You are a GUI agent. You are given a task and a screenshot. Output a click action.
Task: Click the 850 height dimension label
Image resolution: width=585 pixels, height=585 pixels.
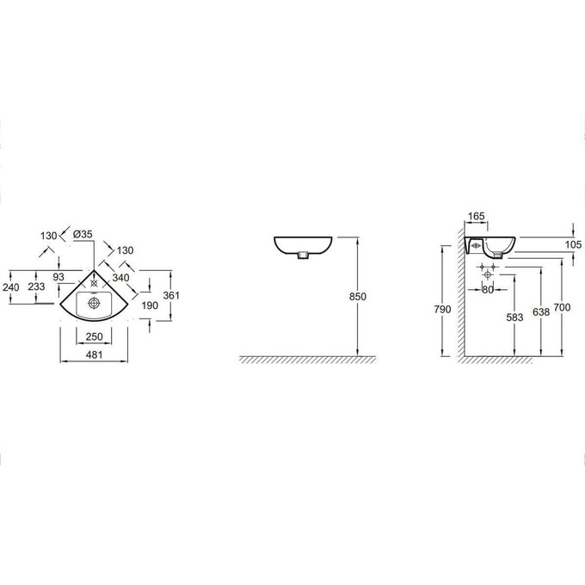[x=357, y=297]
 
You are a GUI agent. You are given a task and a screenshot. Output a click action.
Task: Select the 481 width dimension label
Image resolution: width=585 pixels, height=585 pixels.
[x=94, y=354]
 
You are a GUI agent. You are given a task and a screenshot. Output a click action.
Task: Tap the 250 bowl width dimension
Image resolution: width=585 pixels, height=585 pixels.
[x=94, y=336]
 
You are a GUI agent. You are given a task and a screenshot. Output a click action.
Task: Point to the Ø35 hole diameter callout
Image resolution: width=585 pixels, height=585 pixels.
[x=83, y=234]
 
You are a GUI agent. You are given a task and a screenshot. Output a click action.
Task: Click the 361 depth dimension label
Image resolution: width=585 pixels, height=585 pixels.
[x=171, y=295]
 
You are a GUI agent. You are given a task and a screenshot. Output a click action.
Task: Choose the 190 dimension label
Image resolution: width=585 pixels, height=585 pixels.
[x=150, y=305]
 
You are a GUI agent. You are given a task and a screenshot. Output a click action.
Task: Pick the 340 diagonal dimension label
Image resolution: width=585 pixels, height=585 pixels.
[x=121, y=278]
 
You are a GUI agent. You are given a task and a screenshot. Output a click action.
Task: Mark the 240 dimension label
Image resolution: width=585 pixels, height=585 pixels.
[x=11, y=287]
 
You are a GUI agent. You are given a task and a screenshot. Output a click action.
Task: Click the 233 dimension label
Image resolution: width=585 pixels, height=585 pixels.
[x=36, y=286]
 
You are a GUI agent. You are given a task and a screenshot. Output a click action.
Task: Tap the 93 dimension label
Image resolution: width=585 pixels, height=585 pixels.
[x=58, y=277]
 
